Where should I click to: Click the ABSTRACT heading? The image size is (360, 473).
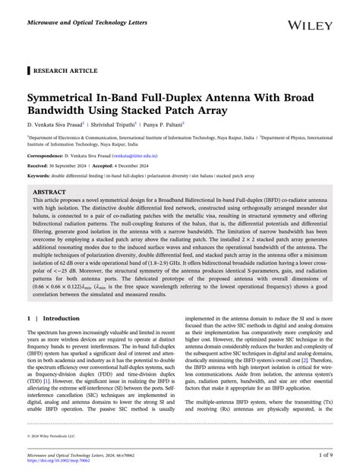49,193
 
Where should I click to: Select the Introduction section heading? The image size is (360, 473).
61,319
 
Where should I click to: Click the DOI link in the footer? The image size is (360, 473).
58,460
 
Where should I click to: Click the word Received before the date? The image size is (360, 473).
37,165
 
